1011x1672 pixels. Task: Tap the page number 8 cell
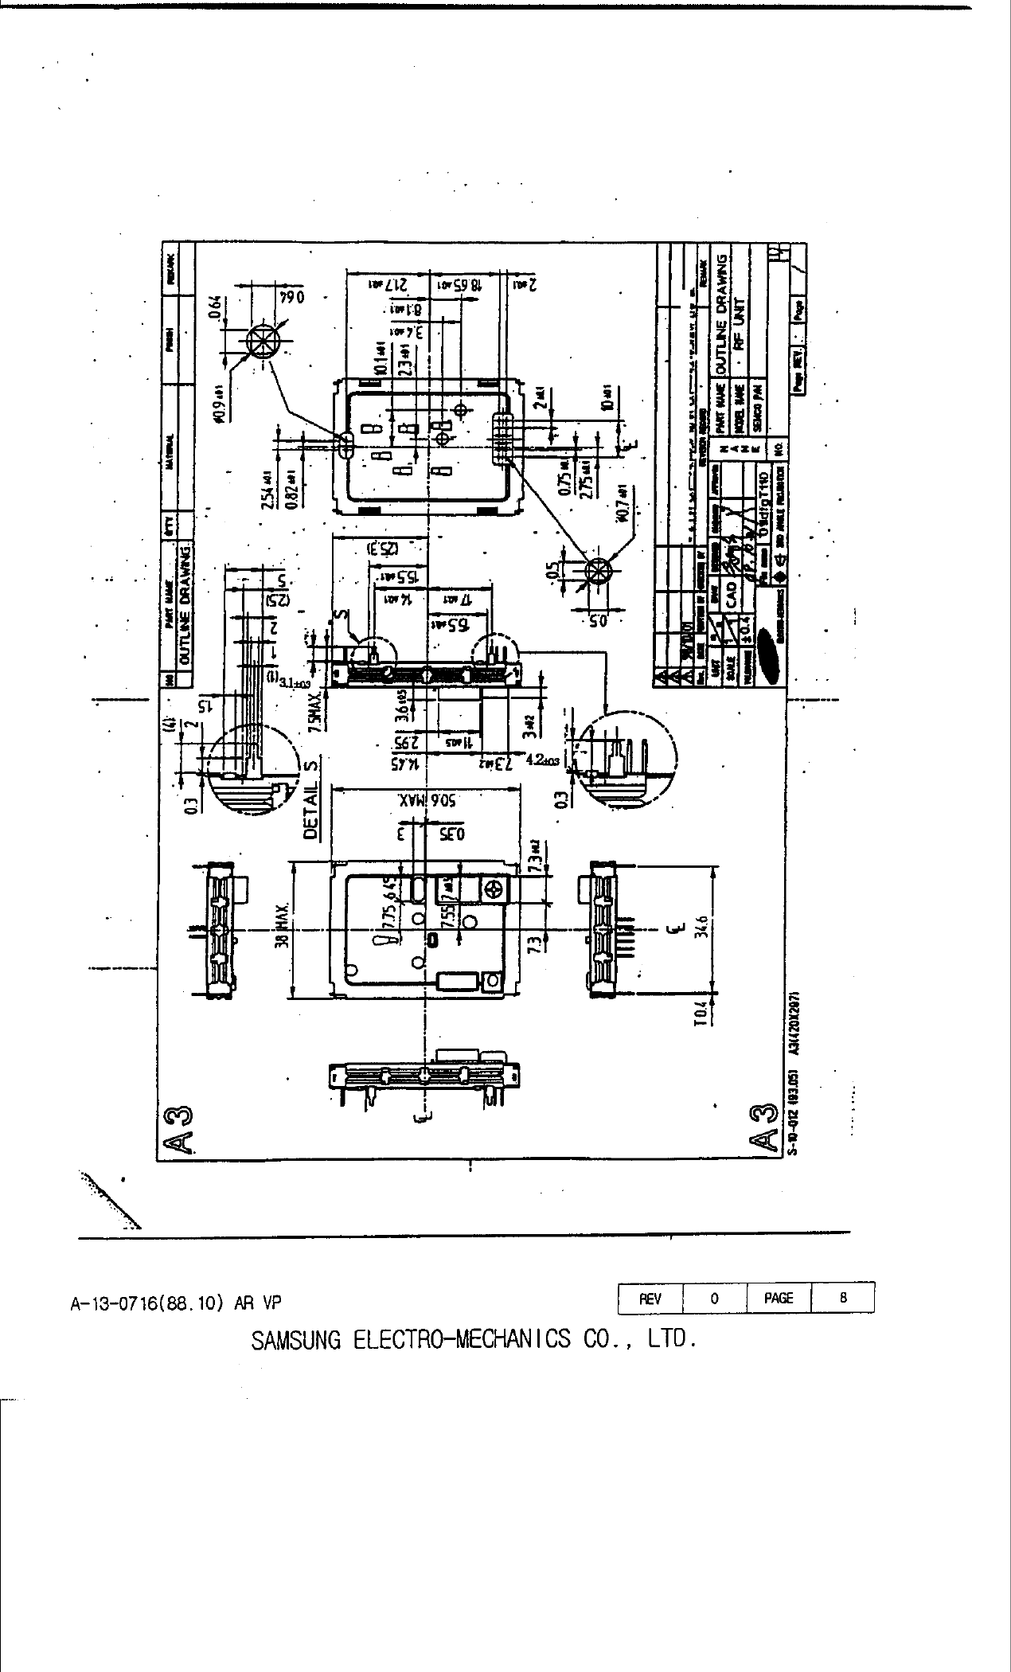click(x=843, y=1298)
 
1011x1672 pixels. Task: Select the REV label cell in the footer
click(x=650, y=1298)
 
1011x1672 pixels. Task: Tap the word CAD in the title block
click(x=731, y=589)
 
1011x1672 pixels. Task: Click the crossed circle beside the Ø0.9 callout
click(x=260, y=342)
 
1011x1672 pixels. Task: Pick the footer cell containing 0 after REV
click(x=714, y=1298)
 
